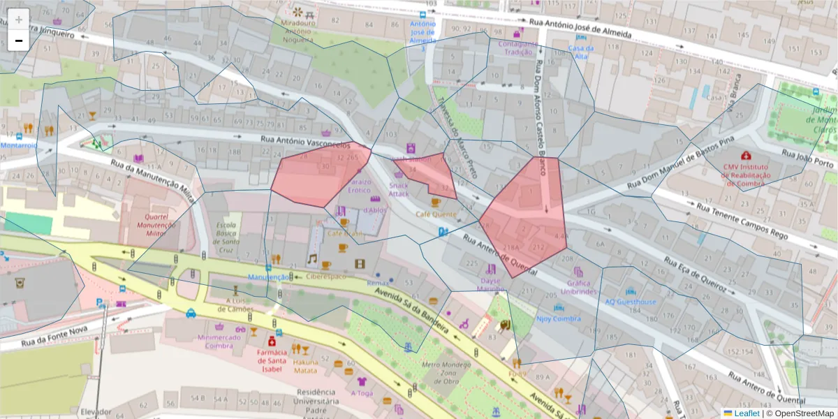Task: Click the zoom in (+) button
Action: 19,20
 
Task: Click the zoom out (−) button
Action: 19,41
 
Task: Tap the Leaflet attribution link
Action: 741,413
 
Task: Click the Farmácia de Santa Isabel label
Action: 272,360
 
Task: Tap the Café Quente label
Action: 436,214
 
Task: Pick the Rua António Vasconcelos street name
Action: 304,140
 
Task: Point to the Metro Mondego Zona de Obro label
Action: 440,372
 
